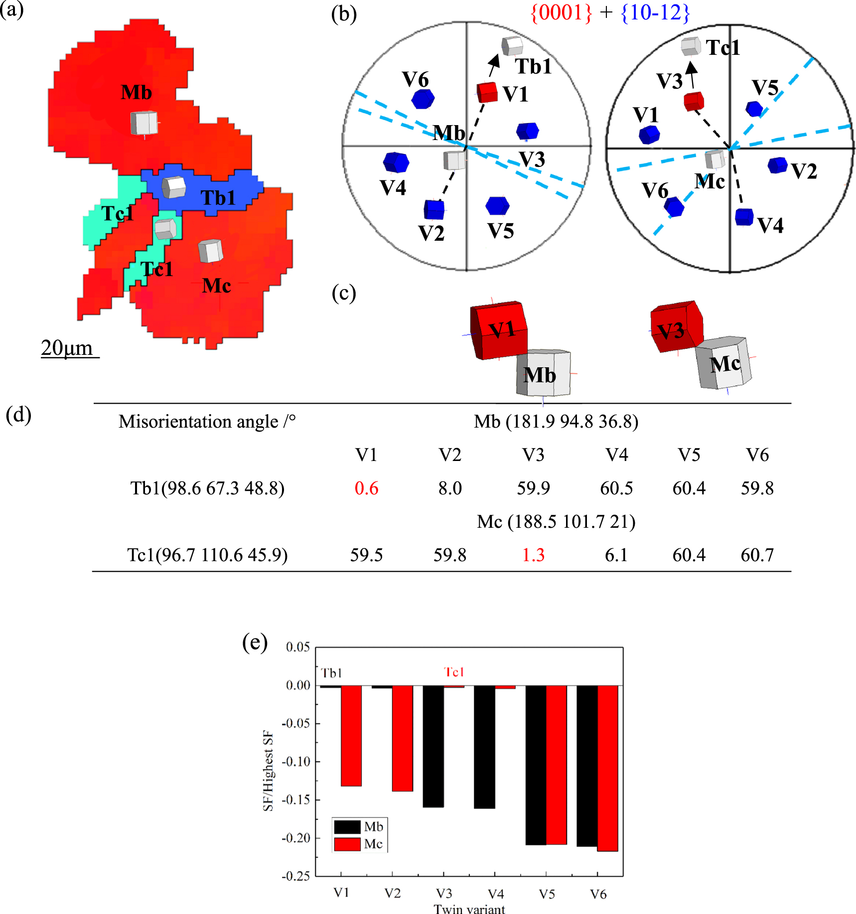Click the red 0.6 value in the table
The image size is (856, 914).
366,488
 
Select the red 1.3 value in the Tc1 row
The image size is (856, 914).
533,555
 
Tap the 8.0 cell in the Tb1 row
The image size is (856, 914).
450,488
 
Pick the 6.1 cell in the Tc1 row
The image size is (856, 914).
616,555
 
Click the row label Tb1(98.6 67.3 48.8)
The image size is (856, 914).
207,488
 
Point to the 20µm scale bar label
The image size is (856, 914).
67,347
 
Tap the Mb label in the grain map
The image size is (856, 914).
136,93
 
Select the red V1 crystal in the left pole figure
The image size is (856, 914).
487,93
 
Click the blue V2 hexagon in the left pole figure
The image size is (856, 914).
433,210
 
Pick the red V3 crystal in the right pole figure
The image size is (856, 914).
693,101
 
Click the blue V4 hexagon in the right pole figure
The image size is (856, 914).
744,217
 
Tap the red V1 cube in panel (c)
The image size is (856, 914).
499,330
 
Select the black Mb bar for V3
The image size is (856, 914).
433,746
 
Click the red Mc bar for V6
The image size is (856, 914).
607,767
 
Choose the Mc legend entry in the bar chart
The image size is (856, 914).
359,844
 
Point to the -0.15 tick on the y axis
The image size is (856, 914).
295,799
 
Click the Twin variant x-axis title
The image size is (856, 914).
469,909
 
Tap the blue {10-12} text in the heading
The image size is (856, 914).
655,12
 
